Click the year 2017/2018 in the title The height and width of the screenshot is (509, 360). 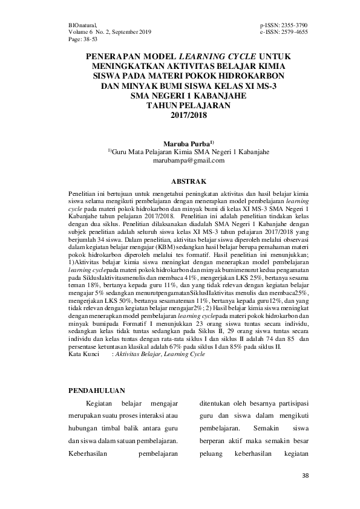[x=180, y=115]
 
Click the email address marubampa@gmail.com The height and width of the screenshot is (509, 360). [x=180, y=160]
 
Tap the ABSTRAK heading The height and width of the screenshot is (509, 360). [x=180, y=181]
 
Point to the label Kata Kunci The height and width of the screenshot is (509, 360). [x=83, y=357]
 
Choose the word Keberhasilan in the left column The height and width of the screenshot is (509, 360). [x=88, y=453]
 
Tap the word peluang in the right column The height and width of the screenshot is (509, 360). [x=211, y=453]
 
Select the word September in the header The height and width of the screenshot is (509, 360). [x=121, y=32]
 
